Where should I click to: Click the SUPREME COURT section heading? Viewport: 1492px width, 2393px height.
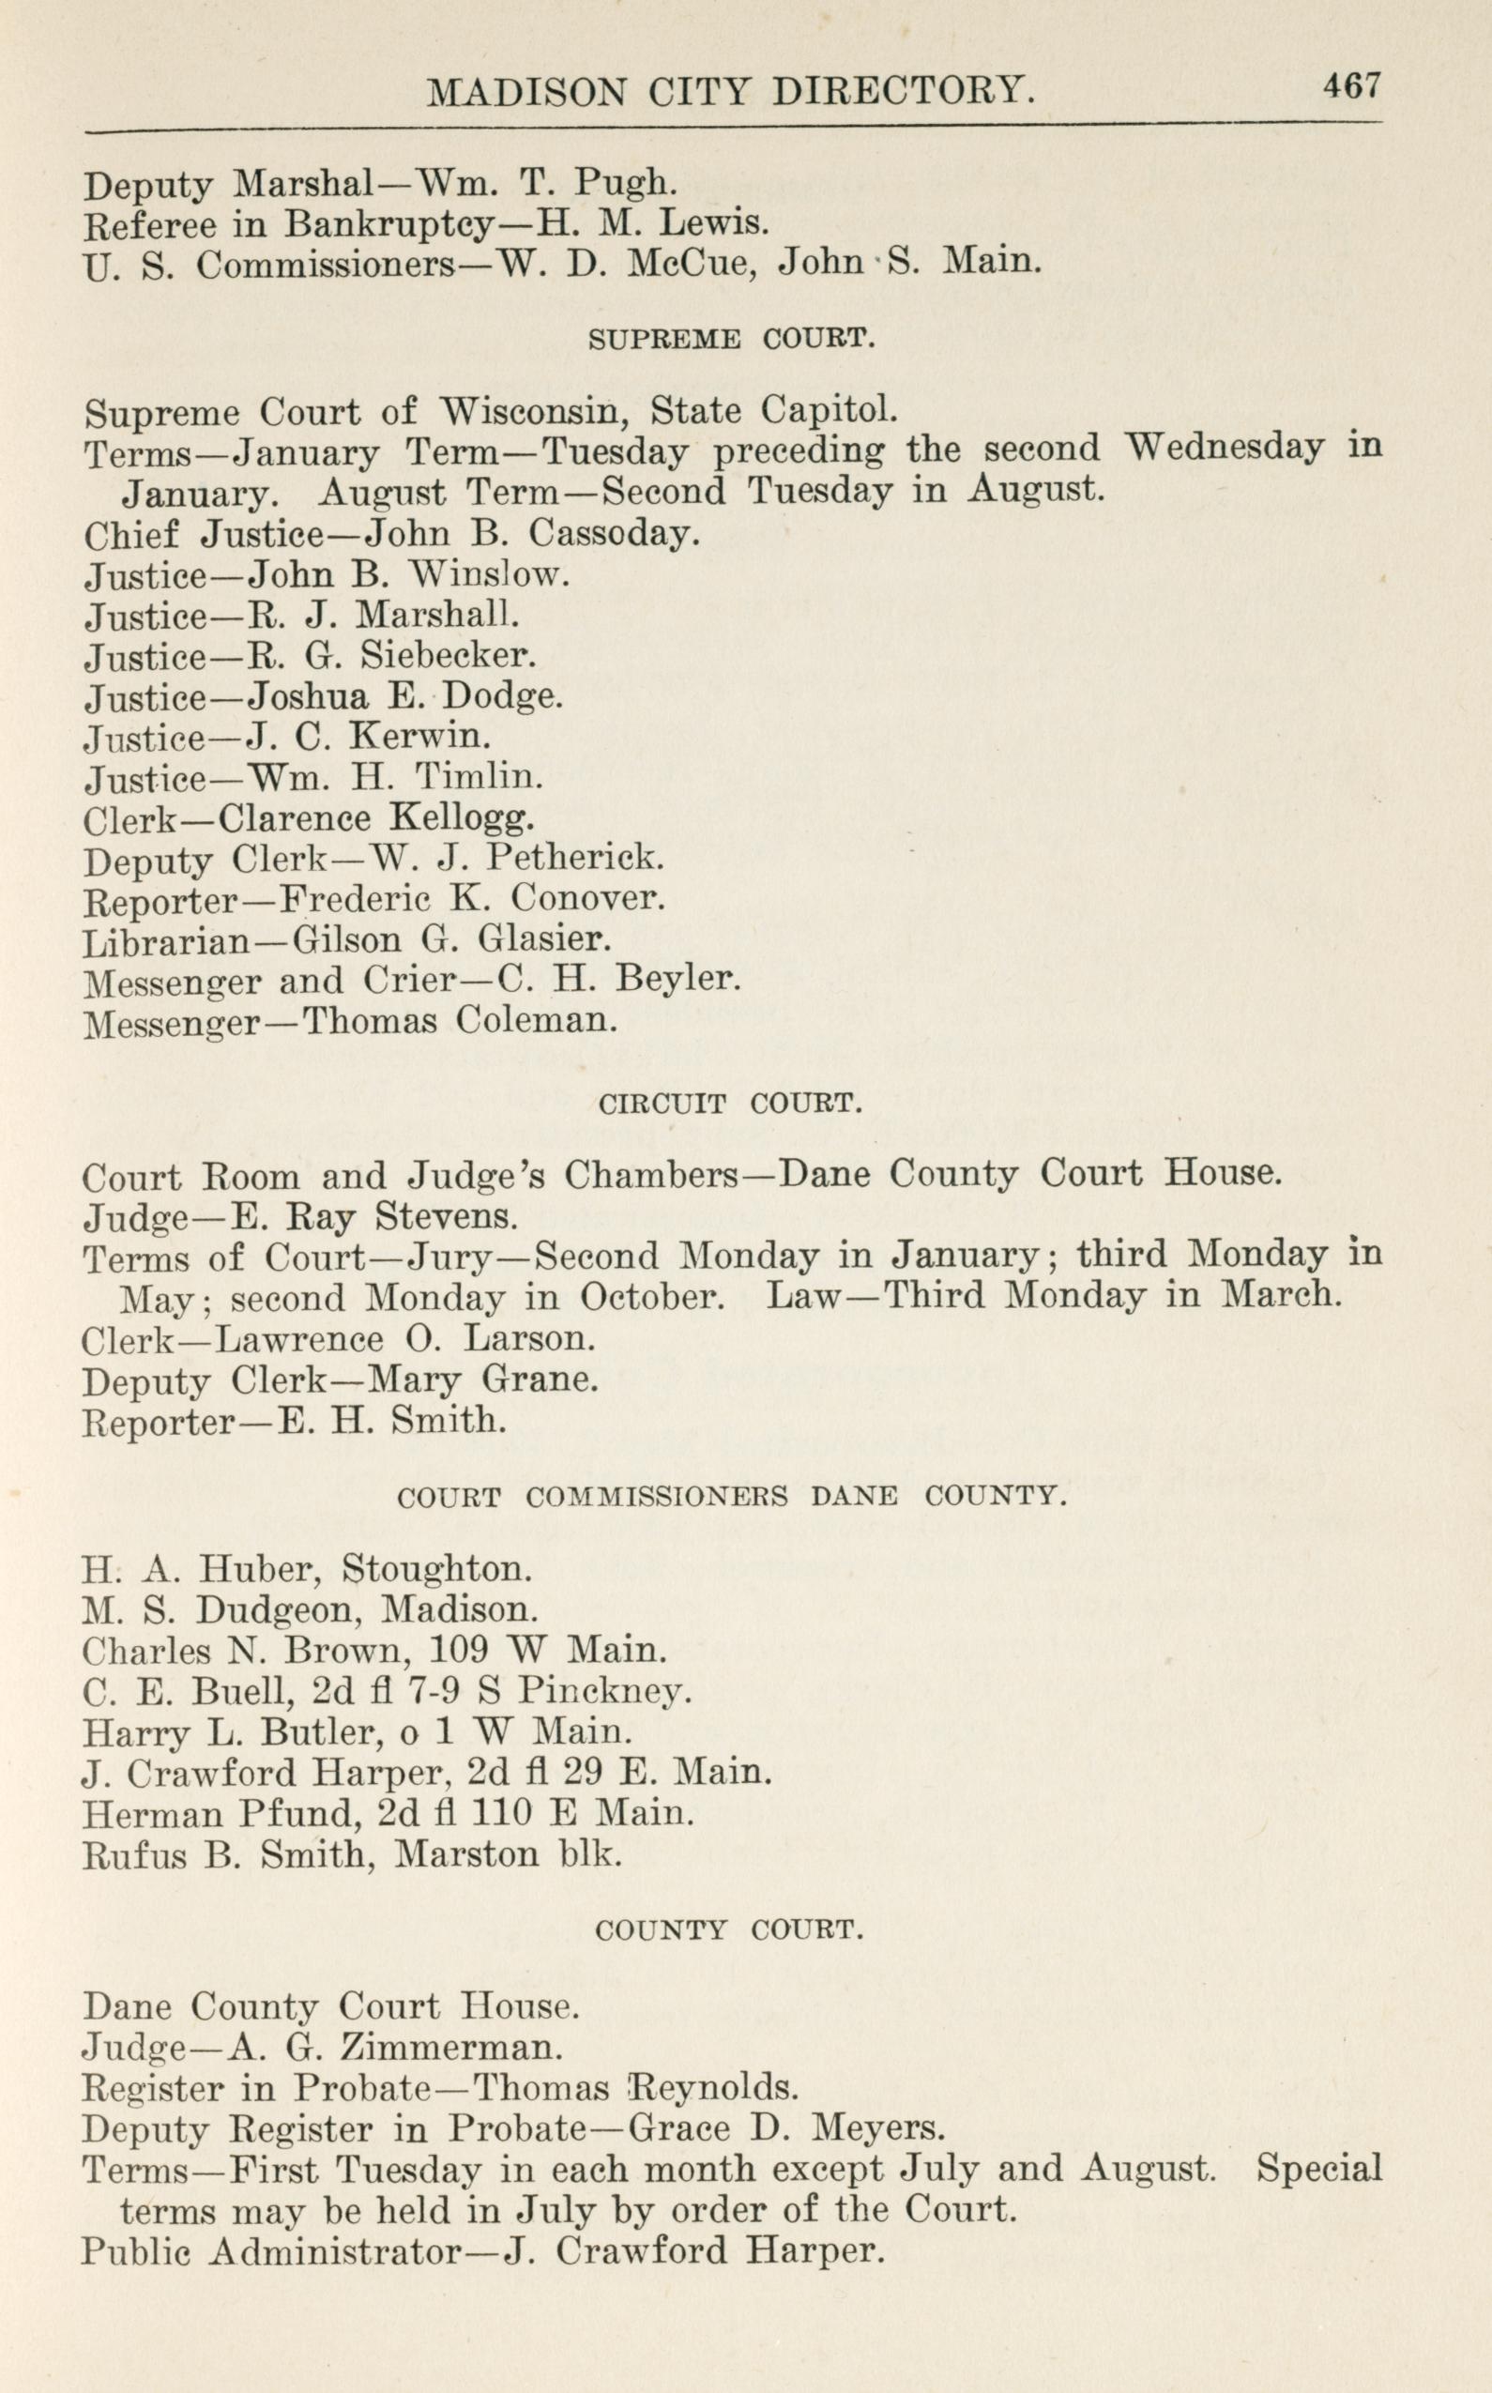point(731,341)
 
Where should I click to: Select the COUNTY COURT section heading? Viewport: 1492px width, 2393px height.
point(729,1930)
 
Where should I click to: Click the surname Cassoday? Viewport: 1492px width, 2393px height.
point(615,535)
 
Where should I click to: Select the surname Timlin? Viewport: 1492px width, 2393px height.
point(479,779)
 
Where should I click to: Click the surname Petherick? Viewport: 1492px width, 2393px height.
point(575,859)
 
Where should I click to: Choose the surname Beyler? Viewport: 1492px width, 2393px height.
point(677,980)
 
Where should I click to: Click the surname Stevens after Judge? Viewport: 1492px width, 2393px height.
point(446,1218)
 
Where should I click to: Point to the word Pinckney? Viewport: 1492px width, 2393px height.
point(604,1691)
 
